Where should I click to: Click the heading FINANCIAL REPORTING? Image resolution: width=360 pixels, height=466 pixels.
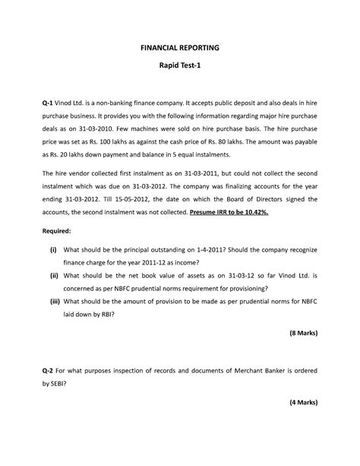click(x=179, y=47)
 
